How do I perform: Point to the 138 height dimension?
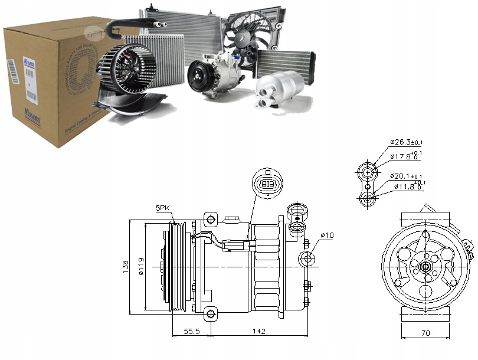[125, 267]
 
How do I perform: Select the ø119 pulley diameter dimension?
[140, 267]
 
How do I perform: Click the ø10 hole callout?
[328, 236]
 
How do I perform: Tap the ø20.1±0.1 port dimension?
[405, 176]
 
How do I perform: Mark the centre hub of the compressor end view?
[425, 267]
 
